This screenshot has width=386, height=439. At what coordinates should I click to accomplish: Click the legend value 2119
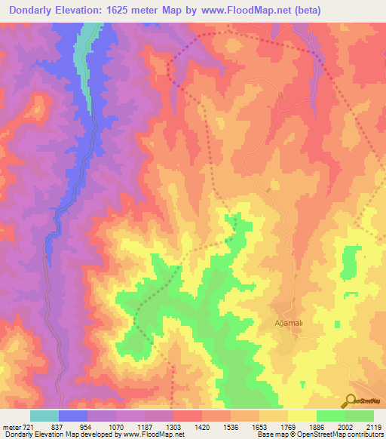coord(374,426)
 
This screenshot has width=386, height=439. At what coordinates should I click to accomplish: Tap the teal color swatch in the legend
coord(44,416)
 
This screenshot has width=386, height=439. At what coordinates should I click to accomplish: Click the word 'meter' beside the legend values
coord(10,426)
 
